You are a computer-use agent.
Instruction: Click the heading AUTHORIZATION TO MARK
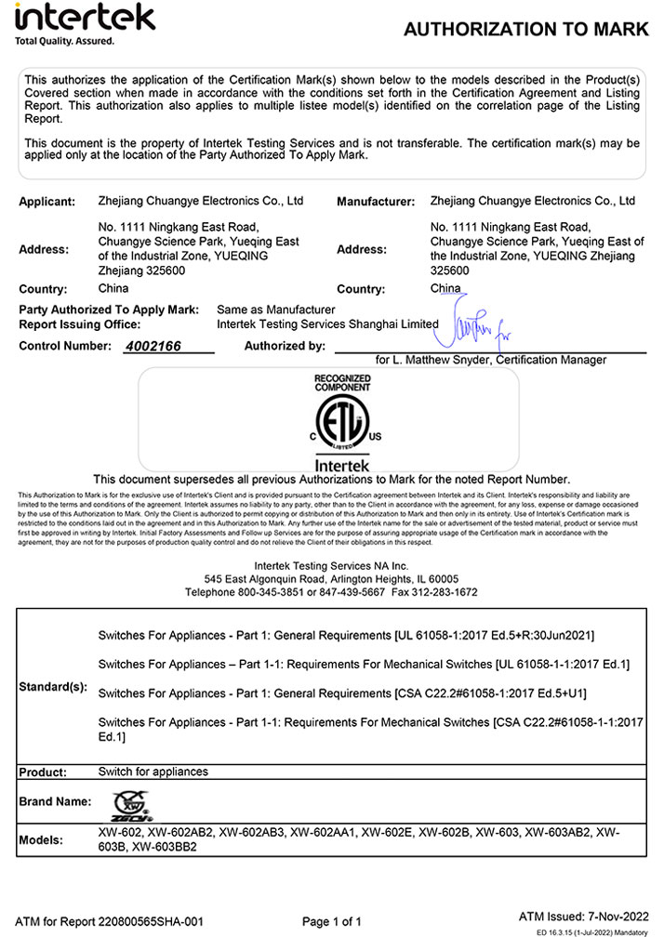tap(526, 30)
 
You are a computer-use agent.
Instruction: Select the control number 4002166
tap(153, 346)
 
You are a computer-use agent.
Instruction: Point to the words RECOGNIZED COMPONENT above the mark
tap(342, 382)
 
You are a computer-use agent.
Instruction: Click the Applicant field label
tap(46, 202)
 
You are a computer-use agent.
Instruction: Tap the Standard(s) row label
tap(53, 687)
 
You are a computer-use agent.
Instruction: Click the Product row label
tap(43, 772)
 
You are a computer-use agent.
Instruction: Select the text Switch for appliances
tap(153, 772)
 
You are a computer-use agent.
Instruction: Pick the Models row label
tap(42, 840)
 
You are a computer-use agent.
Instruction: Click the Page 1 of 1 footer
tap(332, 921)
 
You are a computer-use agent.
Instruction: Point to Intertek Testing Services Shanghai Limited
tap(326, 324)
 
